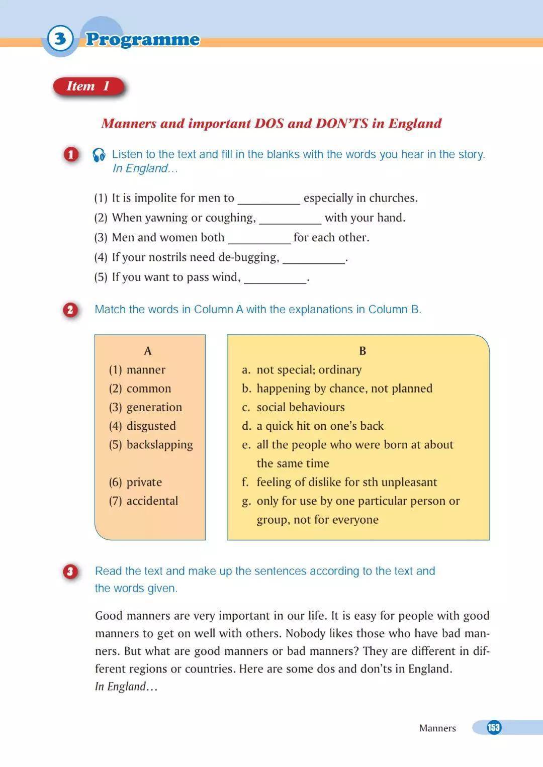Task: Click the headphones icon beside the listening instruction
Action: point(99,155)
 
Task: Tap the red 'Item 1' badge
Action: point(88,86)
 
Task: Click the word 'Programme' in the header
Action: point(142,39)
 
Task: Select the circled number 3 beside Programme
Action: point(60,39)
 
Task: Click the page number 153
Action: point(494,727)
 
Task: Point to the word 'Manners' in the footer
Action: point(437,728)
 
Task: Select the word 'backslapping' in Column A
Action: point(160,445)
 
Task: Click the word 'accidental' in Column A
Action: point(152,501)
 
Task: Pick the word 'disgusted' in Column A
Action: point(151,426)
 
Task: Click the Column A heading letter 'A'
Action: point(148,351)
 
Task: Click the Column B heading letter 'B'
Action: point(363,351)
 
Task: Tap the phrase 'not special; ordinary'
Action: point(309,370)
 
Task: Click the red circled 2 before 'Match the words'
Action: point(70,310)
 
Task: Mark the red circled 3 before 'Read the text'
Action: point(70,571)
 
